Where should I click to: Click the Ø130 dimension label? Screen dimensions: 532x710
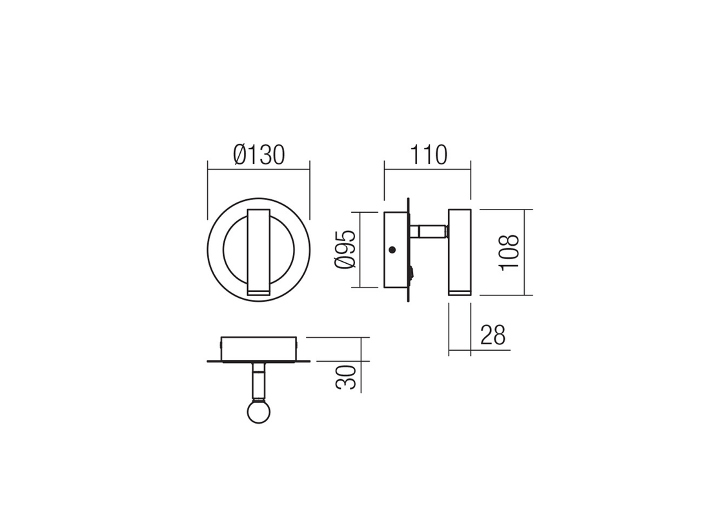click(258, 155)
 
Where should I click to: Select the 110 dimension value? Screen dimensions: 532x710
click(427, 155)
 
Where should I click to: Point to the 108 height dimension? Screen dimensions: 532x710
click(509, 253)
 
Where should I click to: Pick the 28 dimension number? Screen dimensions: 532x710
click(492, 335)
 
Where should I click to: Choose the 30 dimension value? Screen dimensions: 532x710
click(347, 377)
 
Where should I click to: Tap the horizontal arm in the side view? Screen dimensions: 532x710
click(429, 231)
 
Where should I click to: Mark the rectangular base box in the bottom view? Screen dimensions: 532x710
click(259, 348)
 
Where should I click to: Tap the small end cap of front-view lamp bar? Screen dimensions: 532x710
click(259, 293)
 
